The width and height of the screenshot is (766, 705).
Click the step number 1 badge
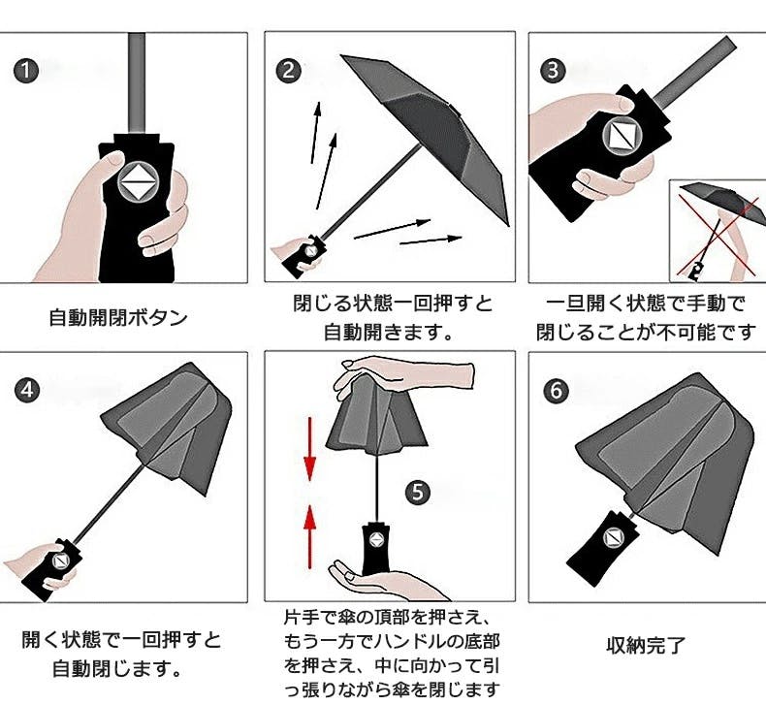(x=25, y=72)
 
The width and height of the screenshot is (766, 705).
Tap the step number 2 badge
(x=288, y=71)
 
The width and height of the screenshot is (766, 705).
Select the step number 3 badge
(x=553, y=71)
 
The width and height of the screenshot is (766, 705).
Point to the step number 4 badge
(x=27, y=391)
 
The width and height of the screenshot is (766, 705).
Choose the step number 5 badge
(x=418, y=492)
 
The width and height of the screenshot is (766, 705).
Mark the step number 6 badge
(x=557, y=391)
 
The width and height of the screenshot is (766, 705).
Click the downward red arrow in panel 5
(x=309, y=448)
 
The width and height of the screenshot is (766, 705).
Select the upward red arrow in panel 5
(x=309, y=537)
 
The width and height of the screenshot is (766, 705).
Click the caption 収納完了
(x=646, y=646)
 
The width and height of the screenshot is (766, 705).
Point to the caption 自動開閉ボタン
(x=118, y=317)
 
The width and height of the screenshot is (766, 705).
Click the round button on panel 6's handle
(x=613, y=538)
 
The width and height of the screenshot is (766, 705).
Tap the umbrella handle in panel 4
(x=51, y=570)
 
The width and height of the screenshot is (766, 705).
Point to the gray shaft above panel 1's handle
(x=137, y=83)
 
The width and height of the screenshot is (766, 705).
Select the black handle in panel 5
(x=376, y=548)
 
